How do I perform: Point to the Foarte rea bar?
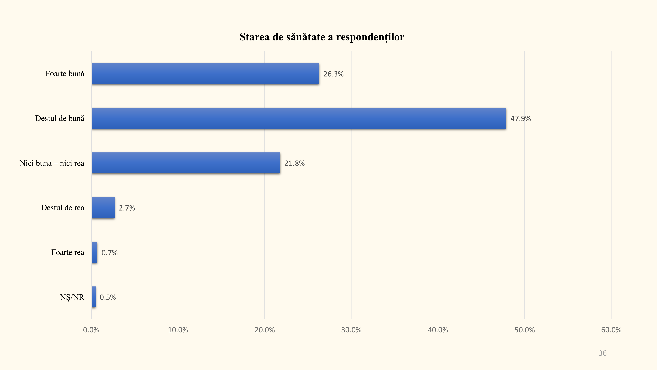coord(94,252)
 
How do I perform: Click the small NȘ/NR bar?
coord(94,297)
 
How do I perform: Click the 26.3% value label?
coord(333,74)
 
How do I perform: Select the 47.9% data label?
coord(520,118)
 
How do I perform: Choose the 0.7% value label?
coord(109,253)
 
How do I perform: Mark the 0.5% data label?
coord(108,297)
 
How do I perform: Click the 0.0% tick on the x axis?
coord(91,330)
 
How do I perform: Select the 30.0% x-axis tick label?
coord(351,330)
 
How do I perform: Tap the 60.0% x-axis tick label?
coord(611,330)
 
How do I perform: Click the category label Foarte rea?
coord(68,252)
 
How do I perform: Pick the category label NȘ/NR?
coord(72,297)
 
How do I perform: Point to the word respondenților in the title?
coord(370,37)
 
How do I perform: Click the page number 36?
coord(602,353)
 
